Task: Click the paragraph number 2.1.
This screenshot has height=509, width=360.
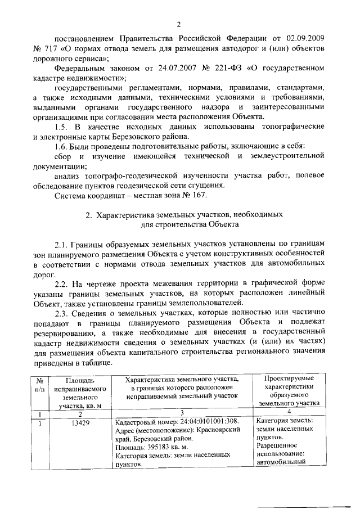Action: click(62, 245)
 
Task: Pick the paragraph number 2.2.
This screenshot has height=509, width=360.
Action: click(62, 285)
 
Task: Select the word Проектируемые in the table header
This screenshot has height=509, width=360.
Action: click(289, 378)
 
